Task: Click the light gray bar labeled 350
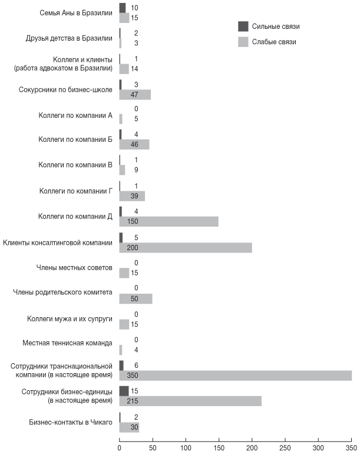pyautogui.click(x=236, y=376)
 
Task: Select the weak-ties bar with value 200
pyautogui.click(x=186, y=247)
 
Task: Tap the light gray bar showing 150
pyautogui.click(x=169, y=221)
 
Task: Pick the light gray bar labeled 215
pyautogui.click(x=190, y=401)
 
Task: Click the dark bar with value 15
pyautogui.click(x=124, y=391)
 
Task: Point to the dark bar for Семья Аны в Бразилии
pyautogui.click(x=123, y=8)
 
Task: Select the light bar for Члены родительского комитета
pyautogui.click(x=136, y=298)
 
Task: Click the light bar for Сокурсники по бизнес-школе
pyautogui.click(x=135, y=94)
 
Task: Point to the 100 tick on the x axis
pyautogui.click(x=186, y=447)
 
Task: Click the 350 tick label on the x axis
pyautogui.click(x=352, y=447)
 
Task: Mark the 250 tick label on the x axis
pyautogui.click(x=285, y=447)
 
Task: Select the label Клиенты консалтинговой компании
pyautogui.click(x=58, y=243)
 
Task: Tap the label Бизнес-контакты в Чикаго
pyautogui.click(x=70, y=421)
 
